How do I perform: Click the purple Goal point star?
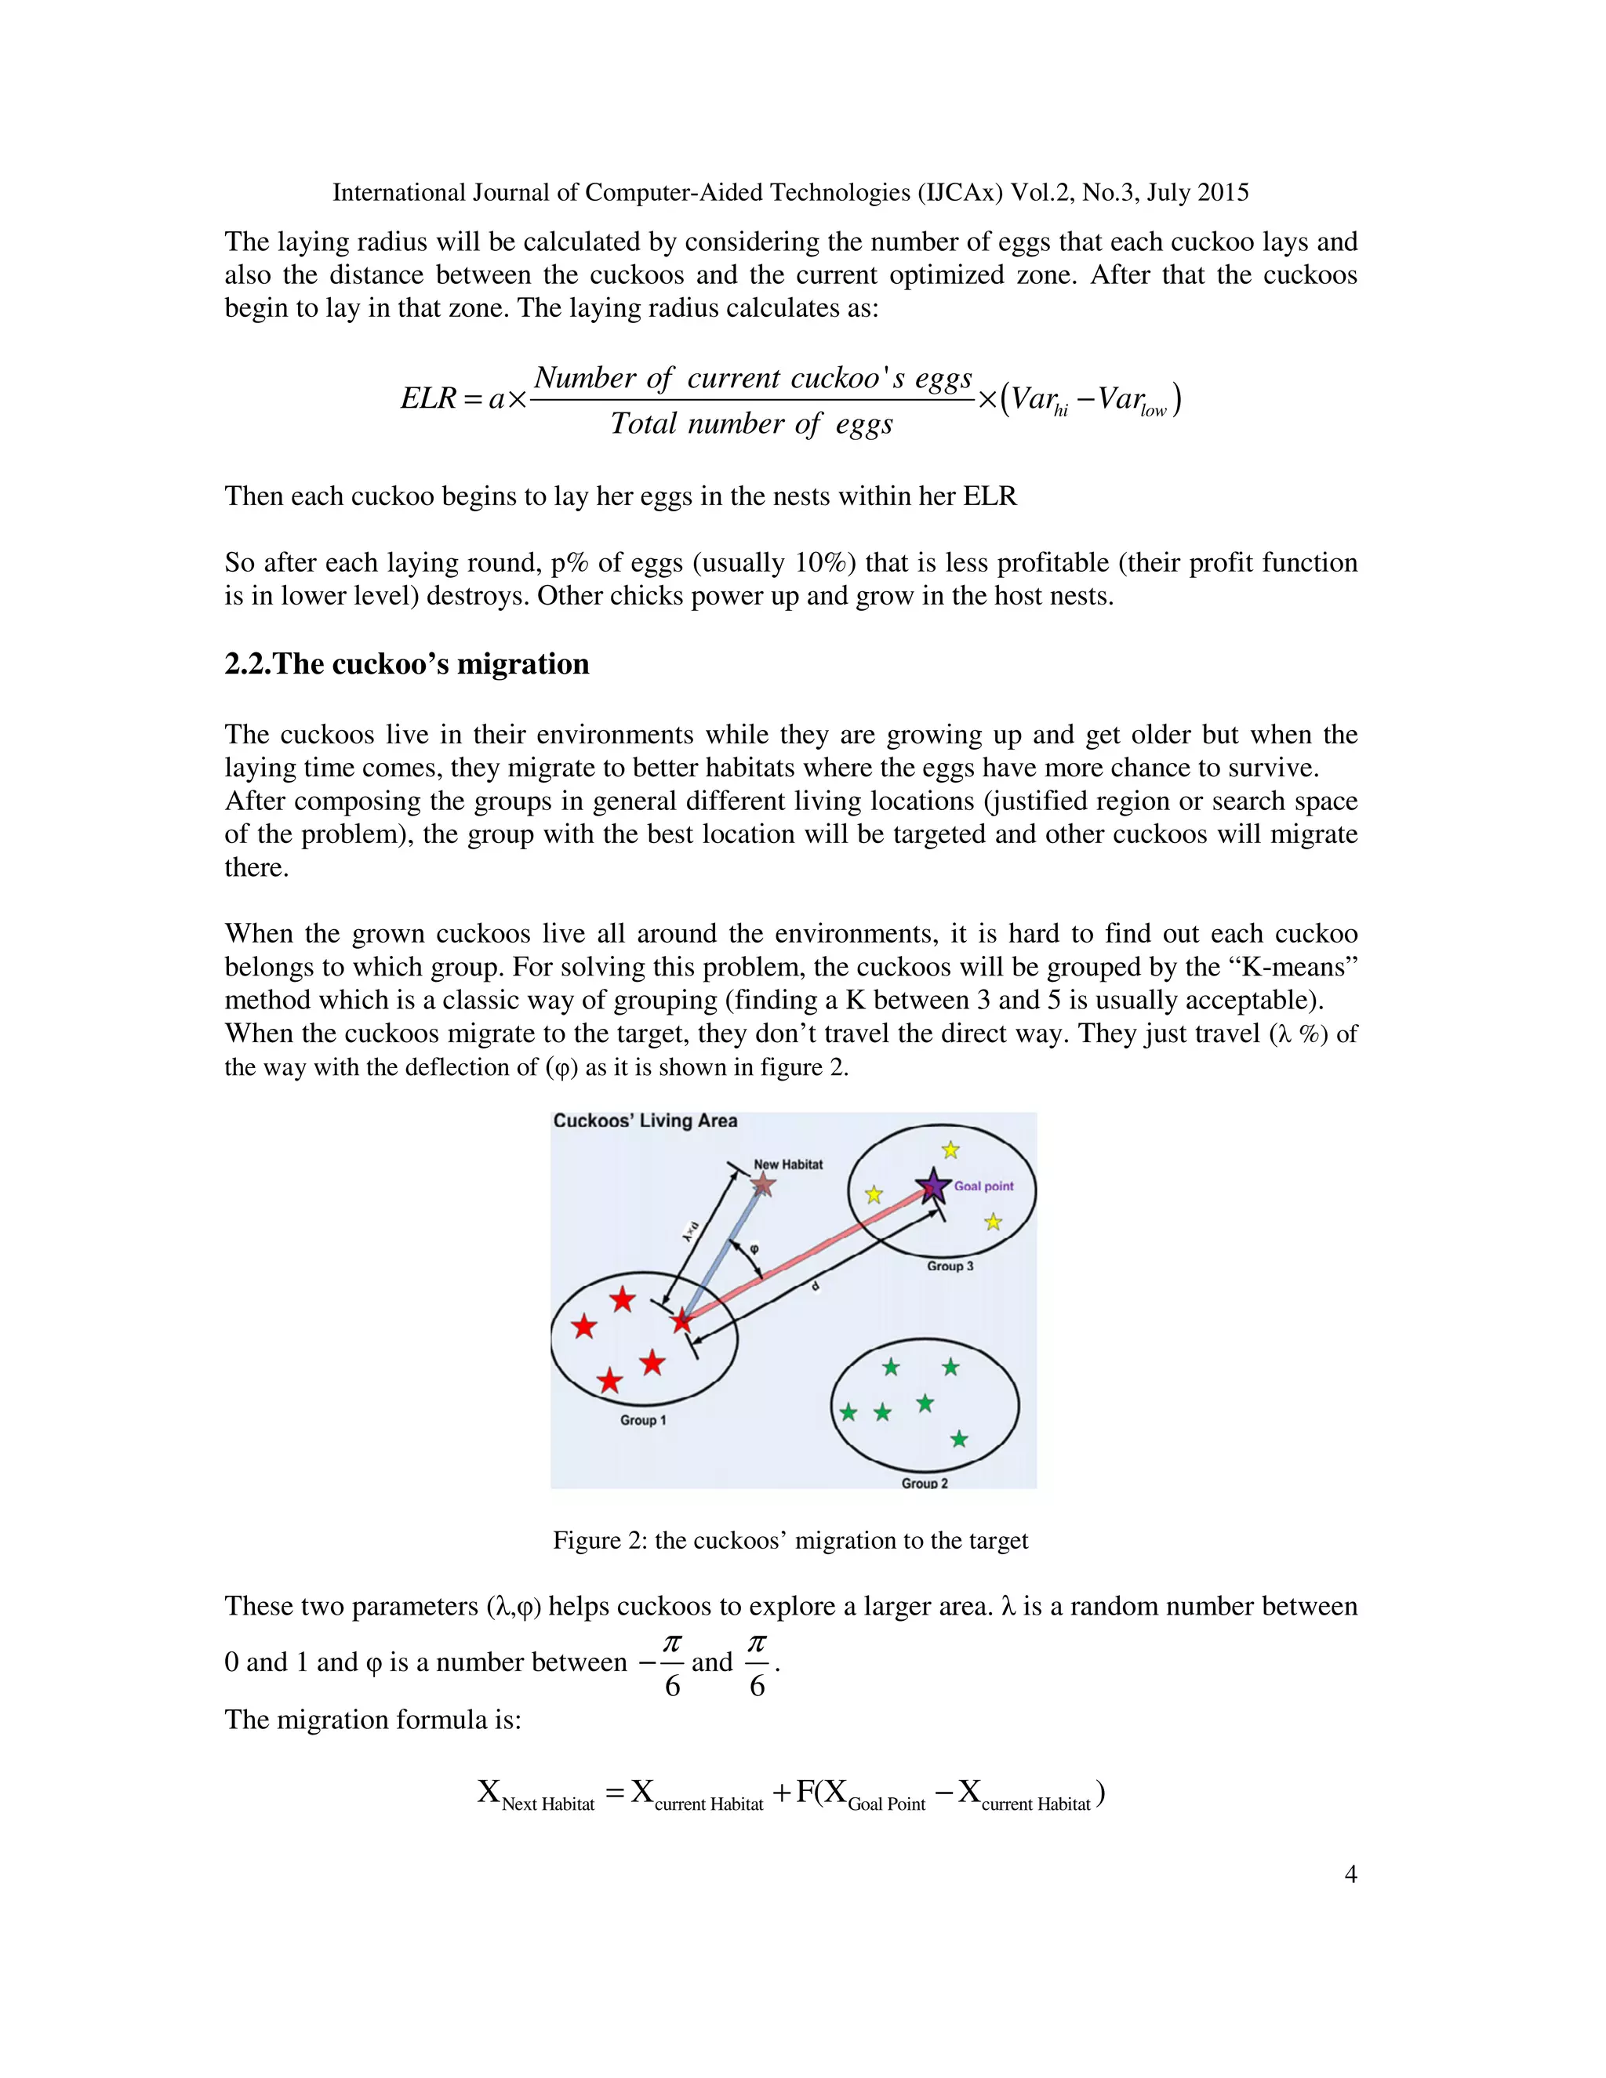pos(933,1186)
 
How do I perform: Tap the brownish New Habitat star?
pos(763,1185)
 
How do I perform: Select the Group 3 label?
pos(950,1266)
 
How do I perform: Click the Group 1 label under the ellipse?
pos(643,1419)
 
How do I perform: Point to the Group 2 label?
pos(925,1482)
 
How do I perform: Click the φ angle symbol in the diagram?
pos(754,1248)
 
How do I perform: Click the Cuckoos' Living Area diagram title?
pos(645,1121)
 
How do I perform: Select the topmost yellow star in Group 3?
pos(950,1150)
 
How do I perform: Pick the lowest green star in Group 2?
pos(959,1439)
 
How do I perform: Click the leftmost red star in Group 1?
pos(584,1326)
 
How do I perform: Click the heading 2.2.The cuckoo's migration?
pos(406,663)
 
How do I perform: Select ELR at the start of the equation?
pos(428,398)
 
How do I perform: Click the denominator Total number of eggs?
pos(751,423)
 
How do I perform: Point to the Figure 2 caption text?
pos(790,1539)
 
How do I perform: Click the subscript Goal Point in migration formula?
pos(886,1804)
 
